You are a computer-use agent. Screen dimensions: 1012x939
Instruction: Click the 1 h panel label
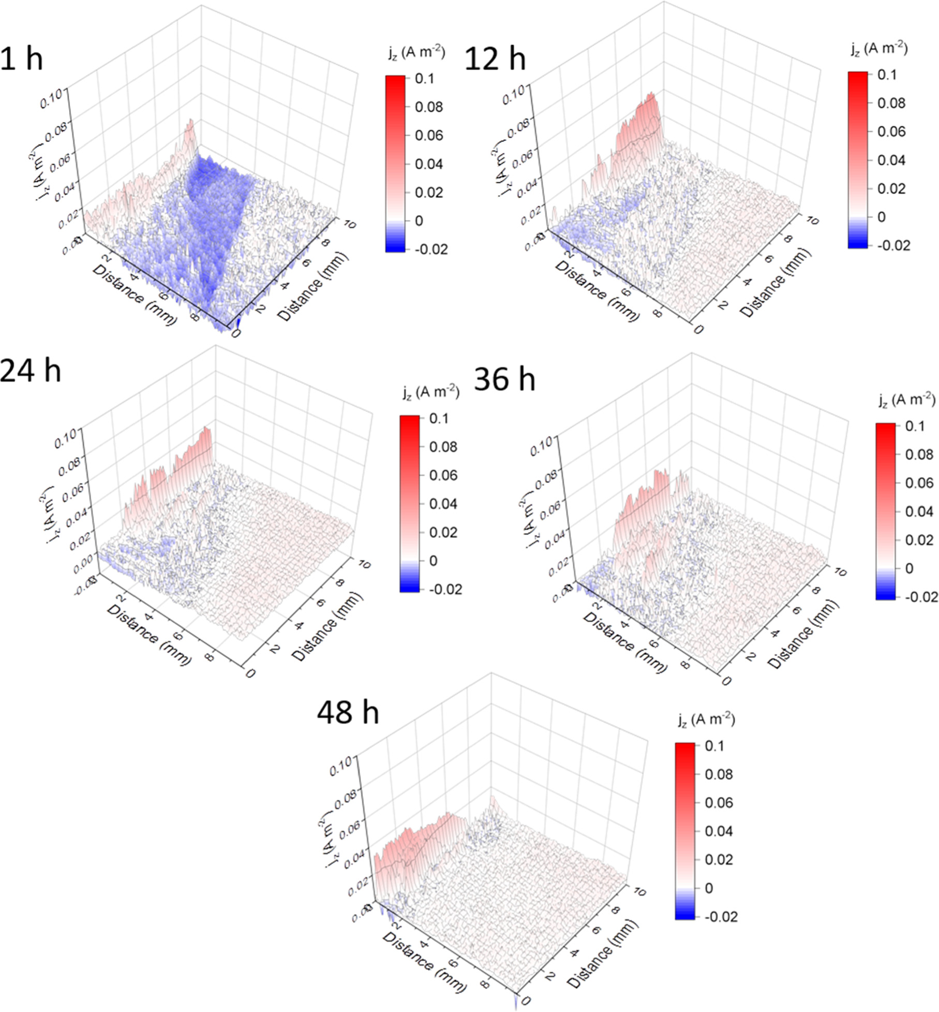click(22, 58)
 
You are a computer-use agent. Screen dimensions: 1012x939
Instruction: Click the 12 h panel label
click(495, 58)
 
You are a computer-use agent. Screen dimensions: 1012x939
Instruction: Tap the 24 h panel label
click(30, 371)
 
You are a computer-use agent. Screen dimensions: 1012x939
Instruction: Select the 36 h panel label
click(504, 379)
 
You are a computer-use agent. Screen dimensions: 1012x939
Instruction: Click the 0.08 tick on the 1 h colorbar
click(428, 107)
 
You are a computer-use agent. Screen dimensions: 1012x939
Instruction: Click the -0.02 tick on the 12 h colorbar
click(893, 245)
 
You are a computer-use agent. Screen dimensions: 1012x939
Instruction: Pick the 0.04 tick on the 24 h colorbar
click(443, 504)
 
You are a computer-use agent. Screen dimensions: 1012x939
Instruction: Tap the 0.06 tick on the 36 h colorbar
click(919, 483)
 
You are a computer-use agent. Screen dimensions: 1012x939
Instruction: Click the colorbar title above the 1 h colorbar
click(416, 53)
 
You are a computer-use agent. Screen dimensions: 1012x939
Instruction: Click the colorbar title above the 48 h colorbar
click(706, 720)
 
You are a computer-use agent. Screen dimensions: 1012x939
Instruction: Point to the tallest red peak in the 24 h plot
click(206, 429)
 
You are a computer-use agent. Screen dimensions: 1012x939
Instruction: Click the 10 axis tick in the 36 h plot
click(839, 572)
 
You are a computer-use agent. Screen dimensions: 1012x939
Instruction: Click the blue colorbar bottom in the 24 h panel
click(409, 589)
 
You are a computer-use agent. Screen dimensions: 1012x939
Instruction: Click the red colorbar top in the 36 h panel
click(885, 427)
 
